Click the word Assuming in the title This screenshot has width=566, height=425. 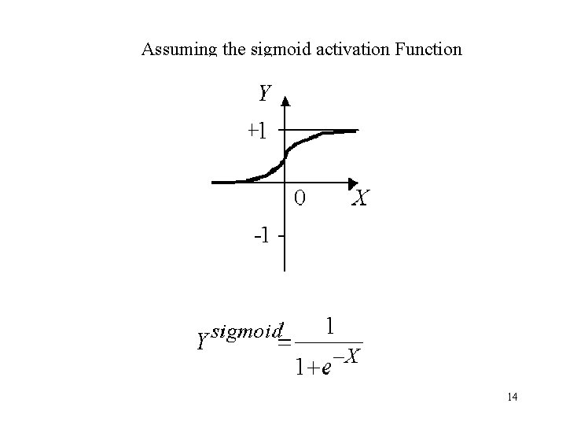(x=178, y=50)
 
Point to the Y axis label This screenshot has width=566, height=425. (x=265, y=94)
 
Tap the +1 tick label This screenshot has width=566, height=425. (x=256, y=130)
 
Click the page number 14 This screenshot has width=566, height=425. (x=512, y=397)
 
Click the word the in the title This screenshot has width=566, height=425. (x=233, y=50)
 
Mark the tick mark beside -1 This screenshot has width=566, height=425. (x=280, y=235)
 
